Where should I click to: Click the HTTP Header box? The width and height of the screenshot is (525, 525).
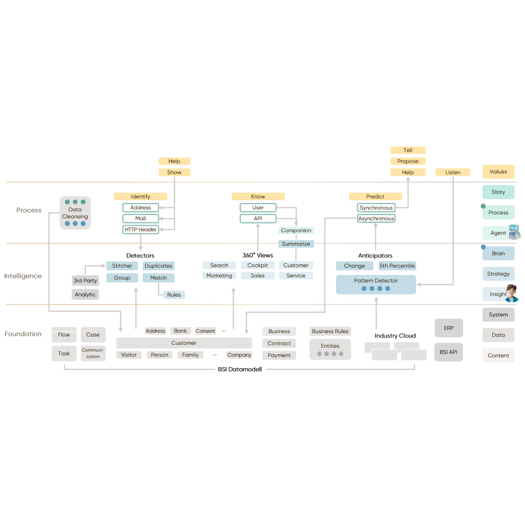click(140, 229)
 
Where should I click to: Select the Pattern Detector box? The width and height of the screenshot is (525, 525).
click(376, 284)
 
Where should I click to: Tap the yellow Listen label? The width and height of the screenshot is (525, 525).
click(453, 172)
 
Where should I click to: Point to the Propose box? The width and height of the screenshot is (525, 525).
click(408, 161)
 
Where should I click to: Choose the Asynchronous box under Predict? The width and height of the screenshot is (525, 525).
click(376, 219)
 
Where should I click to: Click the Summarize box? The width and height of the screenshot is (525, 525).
click(296, 244)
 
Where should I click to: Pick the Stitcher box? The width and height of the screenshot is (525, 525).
click(122, 266)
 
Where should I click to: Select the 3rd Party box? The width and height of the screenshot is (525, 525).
click(85, 281)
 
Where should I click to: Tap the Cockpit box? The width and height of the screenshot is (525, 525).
click(257, 265)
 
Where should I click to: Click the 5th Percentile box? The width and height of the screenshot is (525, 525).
click(397, 266)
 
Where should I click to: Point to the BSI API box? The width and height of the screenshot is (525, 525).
click(449, 352)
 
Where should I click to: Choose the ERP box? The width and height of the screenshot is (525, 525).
click(449, 328)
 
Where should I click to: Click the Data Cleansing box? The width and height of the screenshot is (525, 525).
click(75, 213)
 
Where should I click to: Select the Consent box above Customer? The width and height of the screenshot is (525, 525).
click(205, 331)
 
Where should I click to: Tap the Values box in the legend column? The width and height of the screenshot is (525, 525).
click(498, 172)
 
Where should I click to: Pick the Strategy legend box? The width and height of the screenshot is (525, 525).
click(498, 274)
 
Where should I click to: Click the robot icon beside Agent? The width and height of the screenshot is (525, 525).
click(515, 232)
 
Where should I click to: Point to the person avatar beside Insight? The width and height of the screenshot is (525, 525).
click(512, 293)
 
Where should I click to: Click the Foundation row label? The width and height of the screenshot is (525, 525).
click(23, 334)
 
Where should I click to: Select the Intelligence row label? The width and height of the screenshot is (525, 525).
click(23, 276)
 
